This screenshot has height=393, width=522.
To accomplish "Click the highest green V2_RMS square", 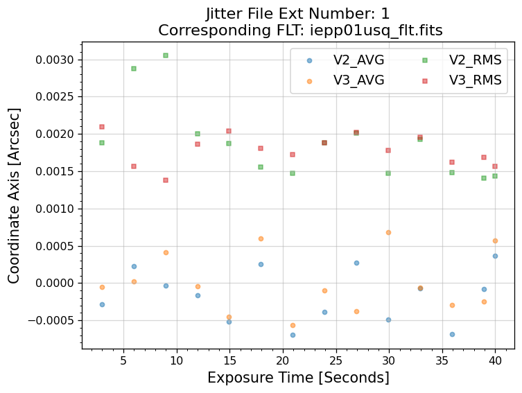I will pyautogui.click(x=166, y=55).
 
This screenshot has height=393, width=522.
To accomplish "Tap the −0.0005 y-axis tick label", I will pyautogui.click(x=53, y=320).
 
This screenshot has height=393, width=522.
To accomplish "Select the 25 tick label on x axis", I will pyautogui.click(x=336, y=361).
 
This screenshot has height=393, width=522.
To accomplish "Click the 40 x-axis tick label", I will pyautogui.click(x=495, y=361).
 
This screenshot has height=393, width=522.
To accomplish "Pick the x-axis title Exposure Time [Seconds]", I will pyautogui.click(x=298, y=378).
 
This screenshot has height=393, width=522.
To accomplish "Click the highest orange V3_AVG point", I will pyautogui.click(x=388, y=232).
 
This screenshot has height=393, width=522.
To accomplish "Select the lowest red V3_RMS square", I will pyautogui.click(x=166, y=180).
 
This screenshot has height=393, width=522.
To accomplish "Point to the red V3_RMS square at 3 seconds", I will pyautogui.click(x=102, y=127).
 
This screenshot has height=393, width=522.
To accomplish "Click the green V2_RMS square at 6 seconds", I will pyautogui.click(x=134, y=69).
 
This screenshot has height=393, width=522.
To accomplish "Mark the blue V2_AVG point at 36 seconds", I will pyautogui.click(x=452, y=334).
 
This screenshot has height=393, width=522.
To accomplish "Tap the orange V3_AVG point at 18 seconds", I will pyautogui.click(x=261, y=238).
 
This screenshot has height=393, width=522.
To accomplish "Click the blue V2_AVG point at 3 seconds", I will pyautogui.click(x=102, y=304).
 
